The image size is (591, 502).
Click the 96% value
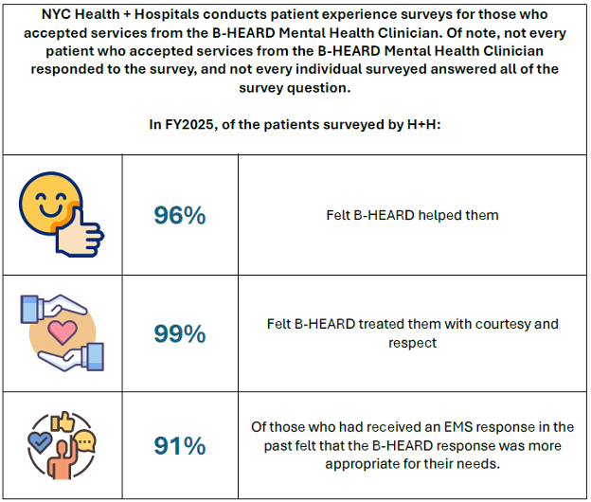[180, 215]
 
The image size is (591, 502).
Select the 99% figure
[180, 333]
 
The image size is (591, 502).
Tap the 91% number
[180, 446]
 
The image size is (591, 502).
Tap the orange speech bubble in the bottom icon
[86, 440]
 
